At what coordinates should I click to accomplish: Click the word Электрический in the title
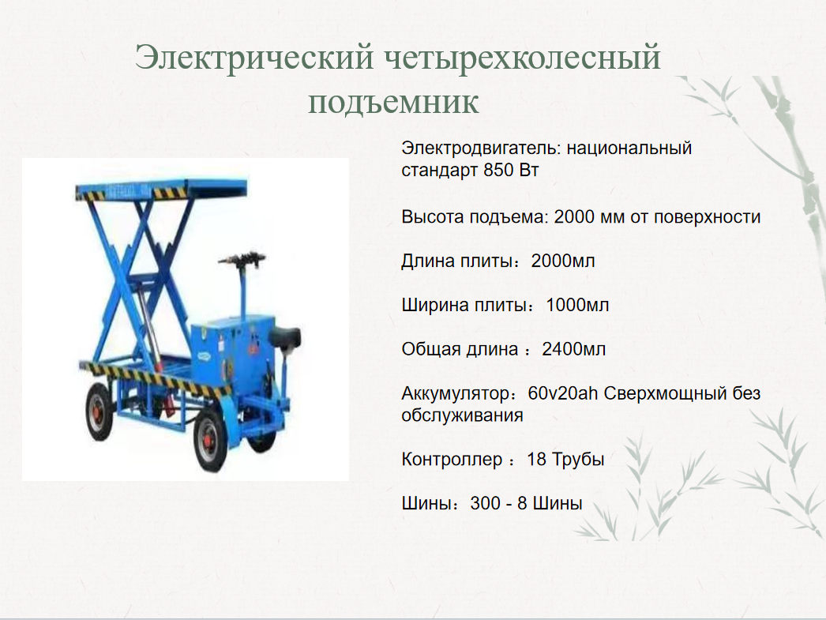[x=254, y=57]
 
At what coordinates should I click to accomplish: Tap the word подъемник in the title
[x=393, y=102]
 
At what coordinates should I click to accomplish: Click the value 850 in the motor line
[x=498, y=170]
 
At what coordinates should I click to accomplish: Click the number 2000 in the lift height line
[x=574, y=216]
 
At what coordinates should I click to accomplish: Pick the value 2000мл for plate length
[x=562, y=261]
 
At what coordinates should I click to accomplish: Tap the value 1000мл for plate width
[x=577, y=305]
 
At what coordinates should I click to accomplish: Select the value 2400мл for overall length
[x=573, y=349]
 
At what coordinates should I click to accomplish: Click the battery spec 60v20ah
[x=562, y=393]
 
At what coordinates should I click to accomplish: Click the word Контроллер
[x=452, y=460]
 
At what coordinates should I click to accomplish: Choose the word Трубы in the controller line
[x=577, y=460]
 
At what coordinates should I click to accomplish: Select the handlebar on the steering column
[x=242, y=259]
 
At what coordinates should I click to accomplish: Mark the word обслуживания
[x=462, y=415]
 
